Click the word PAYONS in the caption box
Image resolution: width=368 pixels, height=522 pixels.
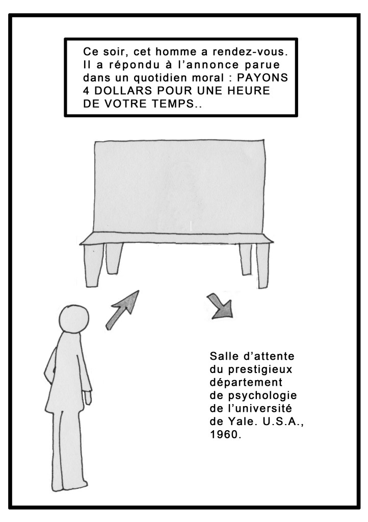click(x=262, y=78)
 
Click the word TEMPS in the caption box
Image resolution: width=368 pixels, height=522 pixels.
click(x=173, y=104)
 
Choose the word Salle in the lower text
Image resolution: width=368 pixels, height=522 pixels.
click(x=224, y=356)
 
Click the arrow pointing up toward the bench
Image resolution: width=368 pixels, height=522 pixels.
click(x=122, y=310)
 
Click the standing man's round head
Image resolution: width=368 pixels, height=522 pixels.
click(x=74, y=319)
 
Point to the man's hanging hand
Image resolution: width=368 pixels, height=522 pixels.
click(x=88, y=397)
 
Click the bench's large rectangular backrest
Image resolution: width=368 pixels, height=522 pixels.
click(x=179, y=186)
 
